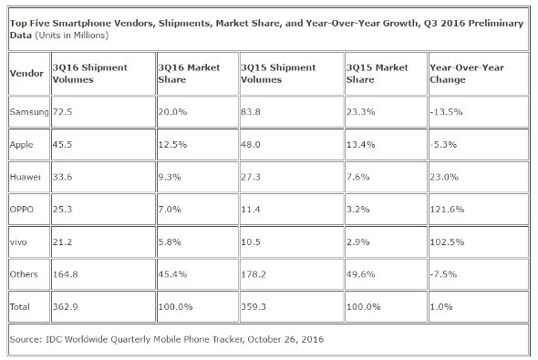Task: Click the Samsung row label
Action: pos(29,112)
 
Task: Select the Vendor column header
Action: pos(26,74)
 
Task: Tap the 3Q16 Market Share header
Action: pos(189,74)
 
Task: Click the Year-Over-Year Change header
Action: pos(467,74)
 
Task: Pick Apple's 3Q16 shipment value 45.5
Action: pos(62,144)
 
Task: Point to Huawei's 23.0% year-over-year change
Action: pos(444,177)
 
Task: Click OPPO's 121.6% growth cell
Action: pos(447,209)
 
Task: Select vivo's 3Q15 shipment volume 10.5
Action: pos(251,242)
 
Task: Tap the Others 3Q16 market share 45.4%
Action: pos(172,274)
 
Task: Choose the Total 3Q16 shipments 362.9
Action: pos(65,306)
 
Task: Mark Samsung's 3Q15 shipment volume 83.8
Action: pos(251,112)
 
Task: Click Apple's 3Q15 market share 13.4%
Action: pos(360,144)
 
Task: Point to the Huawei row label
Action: pos(25,177)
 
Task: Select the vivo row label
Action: pos(18,242)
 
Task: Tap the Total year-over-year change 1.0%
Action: pos(441,306)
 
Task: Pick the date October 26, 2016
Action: pos(285,339)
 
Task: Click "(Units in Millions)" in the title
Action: pos(72,36)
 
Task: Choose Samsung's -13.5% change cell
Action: pos(446,112)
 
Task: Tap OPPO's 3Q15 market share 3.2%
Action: pos(357,209)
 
